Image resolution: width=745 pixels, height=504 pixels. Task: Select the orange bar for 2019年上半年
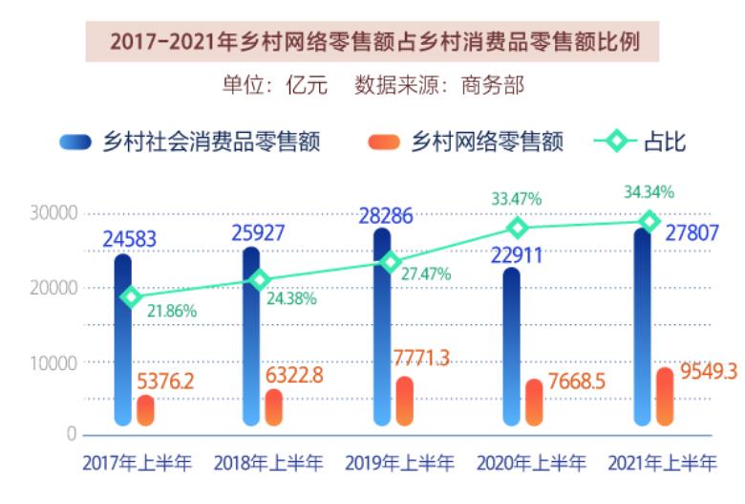(x=405, y=402)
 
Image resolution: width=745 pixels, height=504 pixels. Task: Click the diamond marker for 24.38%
(x=259, y=279)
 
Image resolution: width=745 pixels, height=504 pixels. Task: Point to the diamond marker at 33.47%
(x=517, y=228)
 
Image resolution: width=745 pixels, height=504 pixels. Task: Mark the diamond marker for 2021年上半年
(x=650, y=221)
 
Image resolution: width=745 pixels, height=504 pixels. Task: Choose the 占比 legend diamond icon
(x=617, y=143)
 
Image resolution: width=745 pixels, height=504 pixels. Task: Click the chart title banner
(x=372, y=43)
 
